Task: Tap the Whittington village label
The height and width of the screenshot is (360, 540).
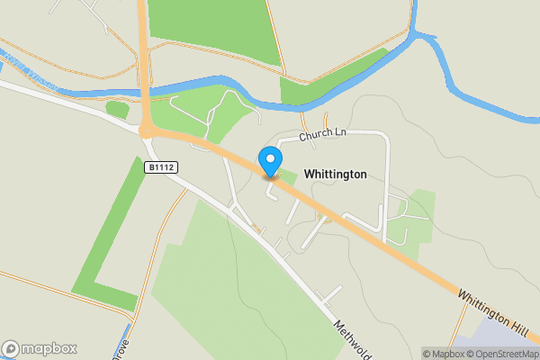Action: point(336,174)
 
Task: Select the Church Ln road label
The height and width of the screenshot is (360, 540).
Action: point(323,133)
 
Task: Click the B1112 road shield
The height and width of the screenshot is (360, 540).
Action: point(159,166)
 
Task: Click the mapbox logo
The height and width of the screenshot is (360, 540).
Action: point(40,348)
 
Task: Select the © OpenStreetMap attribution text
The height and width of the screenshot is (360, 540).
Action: point(507,354)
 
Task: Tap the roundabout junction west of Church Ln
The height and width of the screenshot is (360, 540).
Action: point(148,130)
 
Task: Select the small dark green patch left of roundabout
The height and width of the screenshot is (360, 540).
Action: point(117,110)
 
